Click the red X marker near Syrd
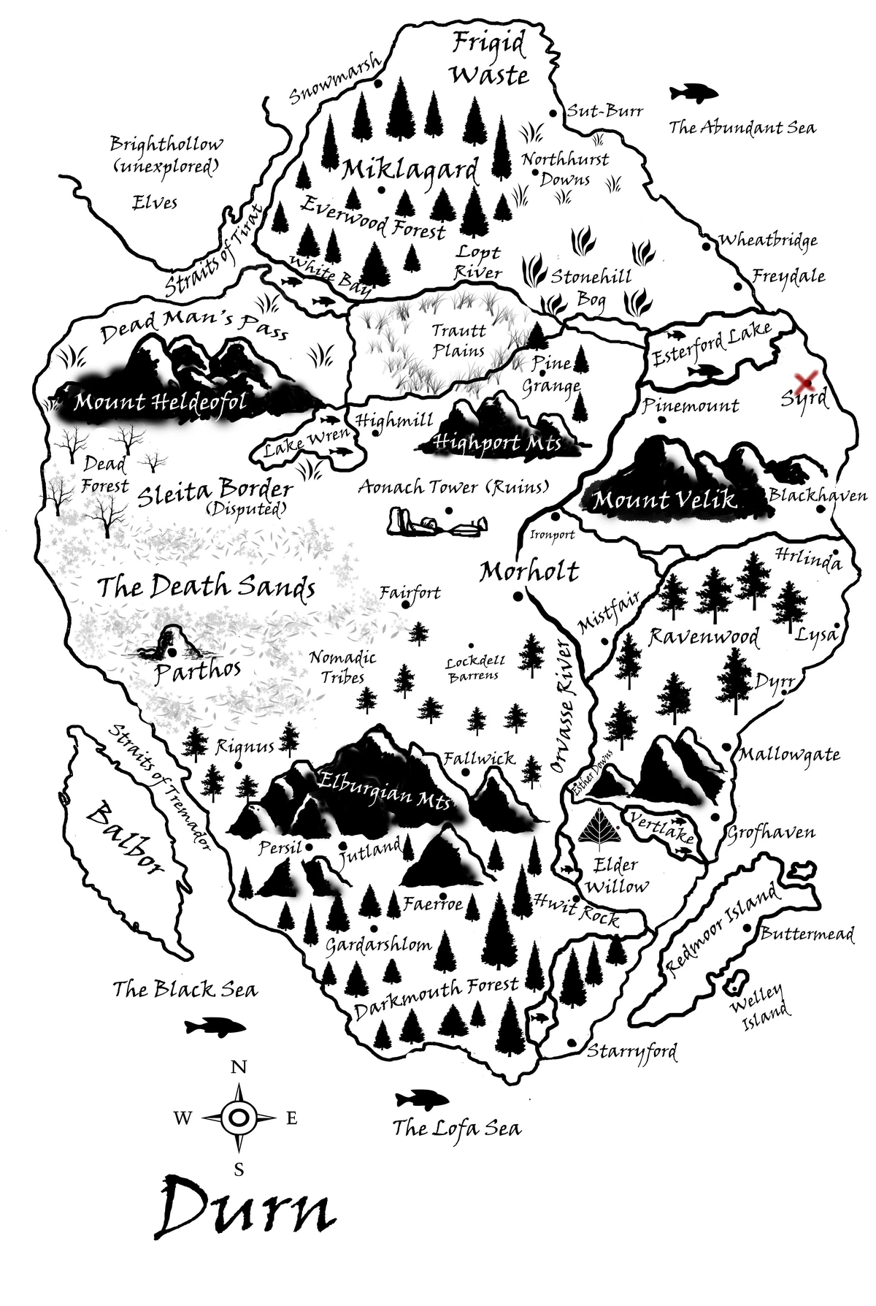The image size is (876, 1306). coord(806,381)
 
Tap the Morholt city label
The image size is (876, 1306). coord(529,572)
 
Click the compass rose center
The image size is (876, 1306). coord(239,1117)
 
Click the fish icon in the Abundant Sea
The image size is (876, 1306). coord(693,93)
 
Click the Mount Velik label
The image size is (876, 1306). coord(664,501)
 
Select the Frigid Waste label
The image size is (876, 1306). coord(489,58)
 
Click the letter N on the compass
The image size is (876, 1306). coord(239,1067)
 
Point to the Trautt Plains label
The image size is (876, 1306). coord(458,340)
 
